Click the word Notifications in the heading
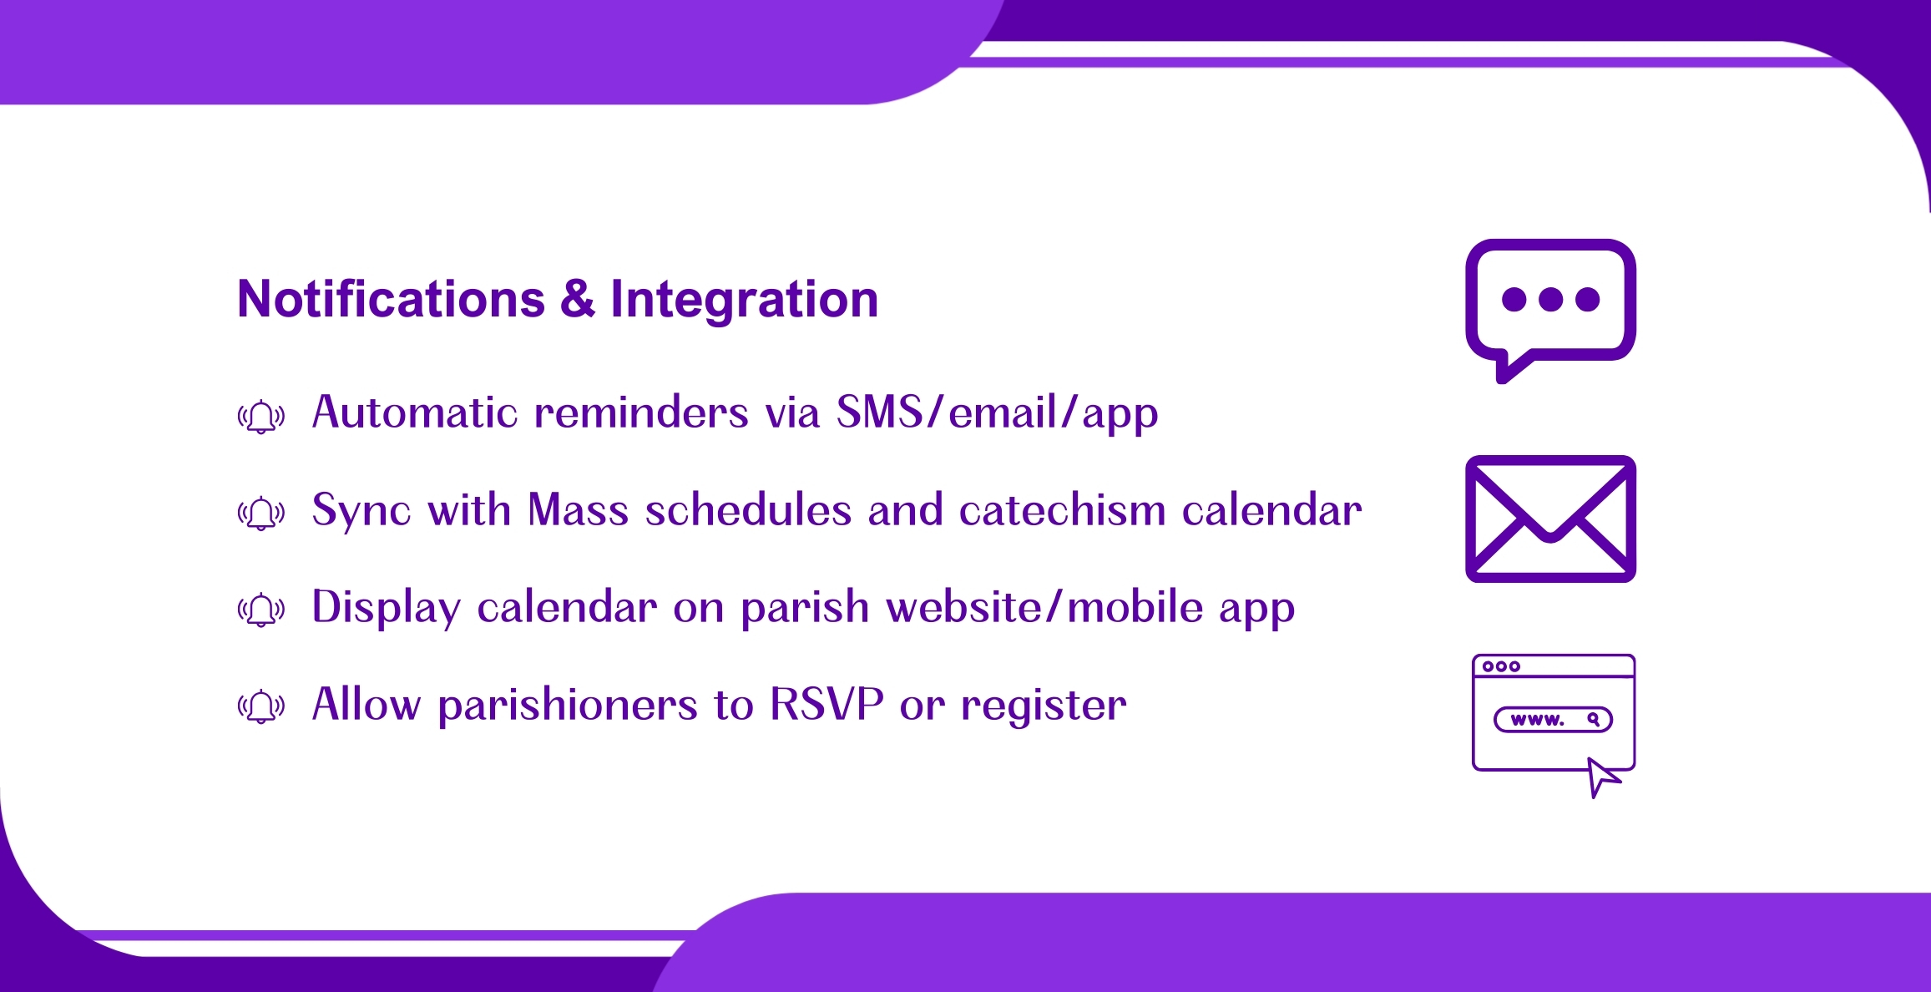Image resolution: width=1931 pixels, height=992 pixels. coord(391,299)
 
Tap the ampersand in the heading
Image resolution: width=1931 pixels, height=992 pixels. coord(578,299)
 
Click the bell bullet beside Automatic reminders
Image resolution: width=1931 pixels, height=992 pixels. coord(261,416)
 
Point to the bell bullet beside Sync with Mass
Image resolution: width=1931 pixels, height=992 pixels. coord(261,513)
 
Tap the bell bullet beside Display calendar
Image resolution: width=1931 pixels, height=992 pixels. coord(261,610)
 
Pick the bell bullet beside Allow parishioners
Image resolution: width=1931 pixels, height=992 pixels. coord(261,706)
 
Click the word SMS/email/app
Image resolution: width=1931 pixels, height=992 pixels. coord(998,412)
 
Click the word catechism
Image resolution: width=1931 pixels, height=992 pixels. coord(1062,509)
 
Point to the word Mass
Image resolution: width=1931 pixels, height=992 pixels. coord(578,509)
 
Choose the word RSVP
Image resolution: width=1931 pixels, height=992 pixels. coord(826,703)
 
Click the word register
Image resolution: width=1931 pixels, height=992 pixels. coord(1044,706)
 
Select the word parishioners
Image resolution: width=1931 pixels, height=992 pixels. coord(568,705)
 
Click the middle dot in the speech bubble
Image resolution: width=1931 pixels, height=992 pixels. coord(1550,299)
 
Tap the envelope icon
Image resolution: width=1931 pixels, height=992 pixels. coord(1550,519)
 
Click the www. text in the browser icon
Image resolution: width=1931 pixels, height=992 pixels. coord(1537,719)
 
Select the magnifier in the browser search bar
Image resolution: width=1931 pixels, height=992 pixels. coord(1594,719)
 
